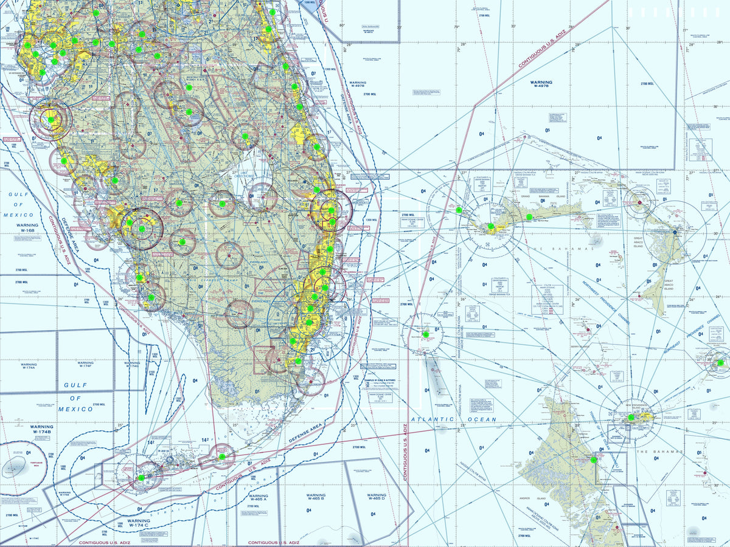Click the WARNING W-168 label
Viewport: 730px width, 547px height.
(27, 228)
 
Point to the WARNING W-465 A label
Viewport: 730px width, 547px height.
(258, 498)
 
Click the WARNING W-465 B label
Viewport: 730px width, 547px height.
(316, 498)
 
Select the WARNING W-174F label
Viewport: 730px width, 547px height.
(86, 365)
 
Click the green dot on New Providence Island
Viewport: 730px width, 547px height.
(631, 418)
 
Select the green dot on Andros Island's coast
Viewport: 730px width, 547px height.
(594, 459)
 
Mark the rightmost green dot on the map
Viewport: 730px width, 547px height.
(720, 363)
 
